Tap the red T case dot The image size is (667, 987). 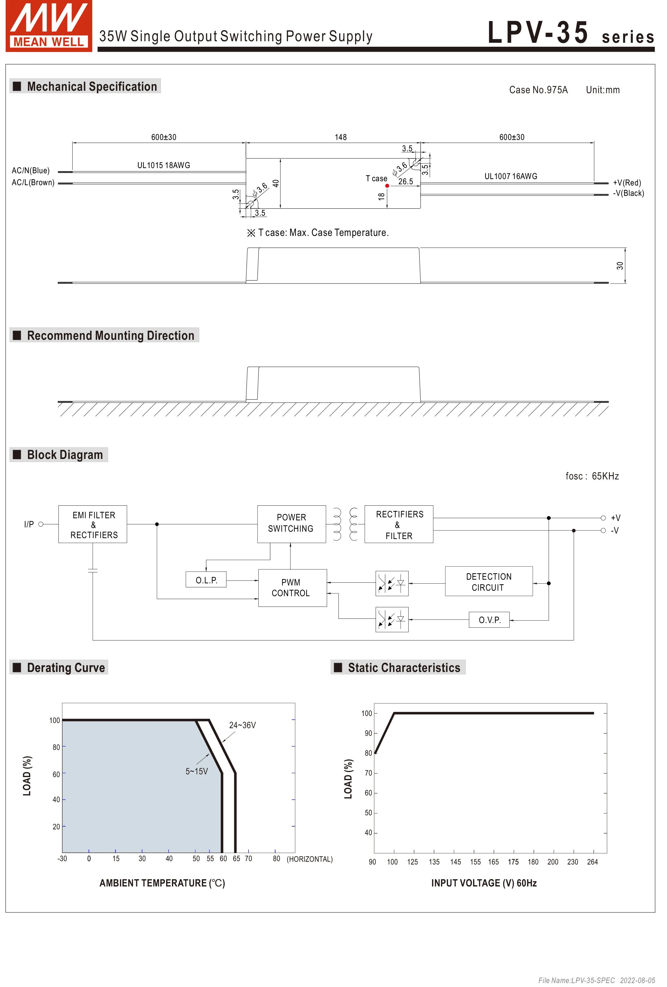click(x=387, y=185)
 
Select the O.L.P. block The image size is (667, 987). click(x=206, y=580)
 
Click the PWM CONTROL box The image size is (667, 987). click(x=292, y=588)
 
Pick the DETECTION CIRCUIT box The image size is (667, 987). click(x=488, y=582)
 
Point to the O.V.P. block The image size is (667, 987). click(x=489, y=620)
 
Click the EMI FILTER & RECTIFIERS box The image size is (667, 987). click(x=93, y=524)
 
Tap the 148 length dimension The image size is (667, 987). click(x=341, y=137)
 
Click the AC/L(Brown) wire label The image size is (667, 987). click(x=33, y=183)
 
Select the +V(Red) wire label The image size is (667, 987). click(x=627, y=183)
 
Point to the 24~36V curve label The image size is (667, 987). click(x=242, y=725)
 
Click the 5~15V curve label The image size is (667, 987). click(x=197, y=771)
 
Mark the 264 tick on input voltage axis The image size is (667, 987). click(x=592, y=862)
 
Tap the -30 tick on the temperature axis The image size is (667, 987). click(x=62, y=858)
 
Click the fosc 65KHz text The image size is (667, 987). click(x=592, y=476)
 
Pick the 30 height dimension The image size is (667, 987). click(x=620, y=266)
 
